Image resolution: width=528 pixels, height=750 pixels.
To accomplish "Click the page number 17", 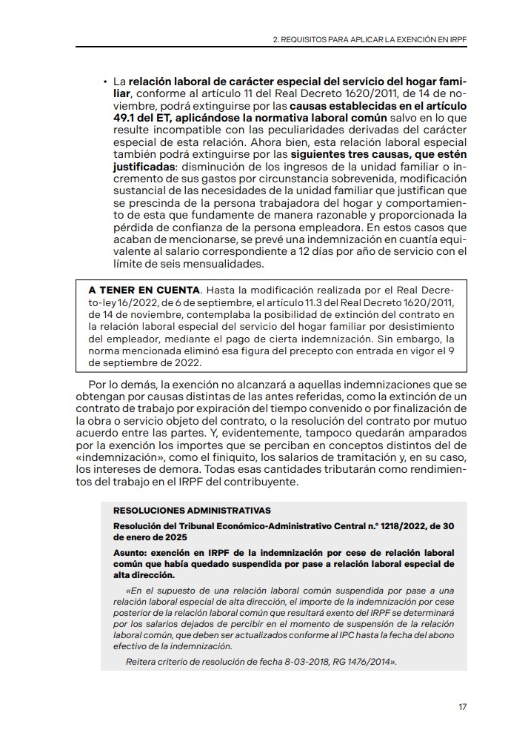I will click(x=462, y=707).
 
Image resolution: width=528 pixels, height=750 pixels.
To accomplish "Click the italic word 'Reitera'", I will click(x=143, y=661).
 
